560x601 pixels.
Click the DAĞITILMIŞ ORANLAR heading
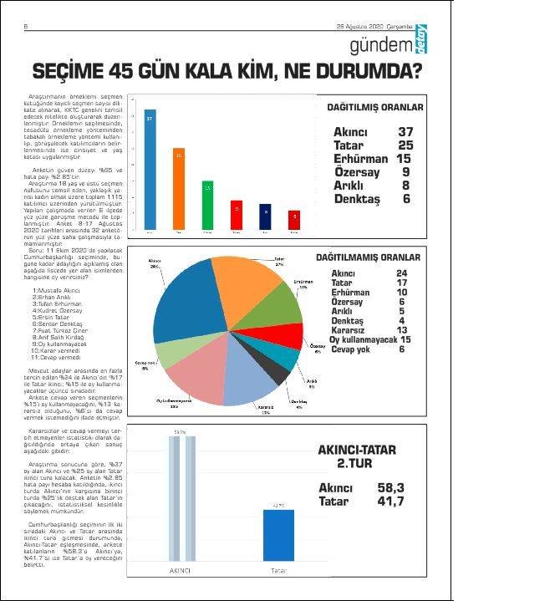point(374,108)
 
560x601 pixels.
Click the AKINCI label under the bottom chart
point(180,572)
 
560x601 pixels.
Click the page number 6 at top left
point(25,26)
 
